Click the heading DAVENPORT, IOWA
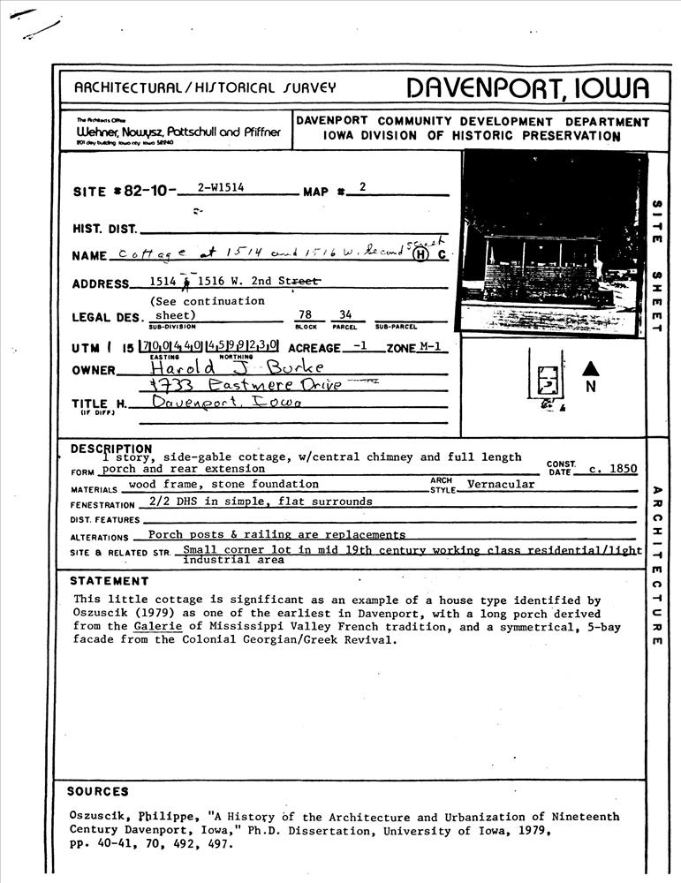tap(527, 87)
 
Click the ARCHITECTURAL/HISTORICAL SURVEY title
tap(205, 87)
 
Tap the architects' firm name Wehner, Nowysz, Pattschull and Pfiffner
tap(178, 132)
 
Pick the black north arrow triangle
tap(591, 367)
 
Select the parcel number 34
tap(345, 315)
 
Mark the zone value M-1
tap(429, 348)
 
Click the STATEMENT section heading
tap(110, 581)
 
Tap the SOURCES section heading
tap(98, 791)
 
